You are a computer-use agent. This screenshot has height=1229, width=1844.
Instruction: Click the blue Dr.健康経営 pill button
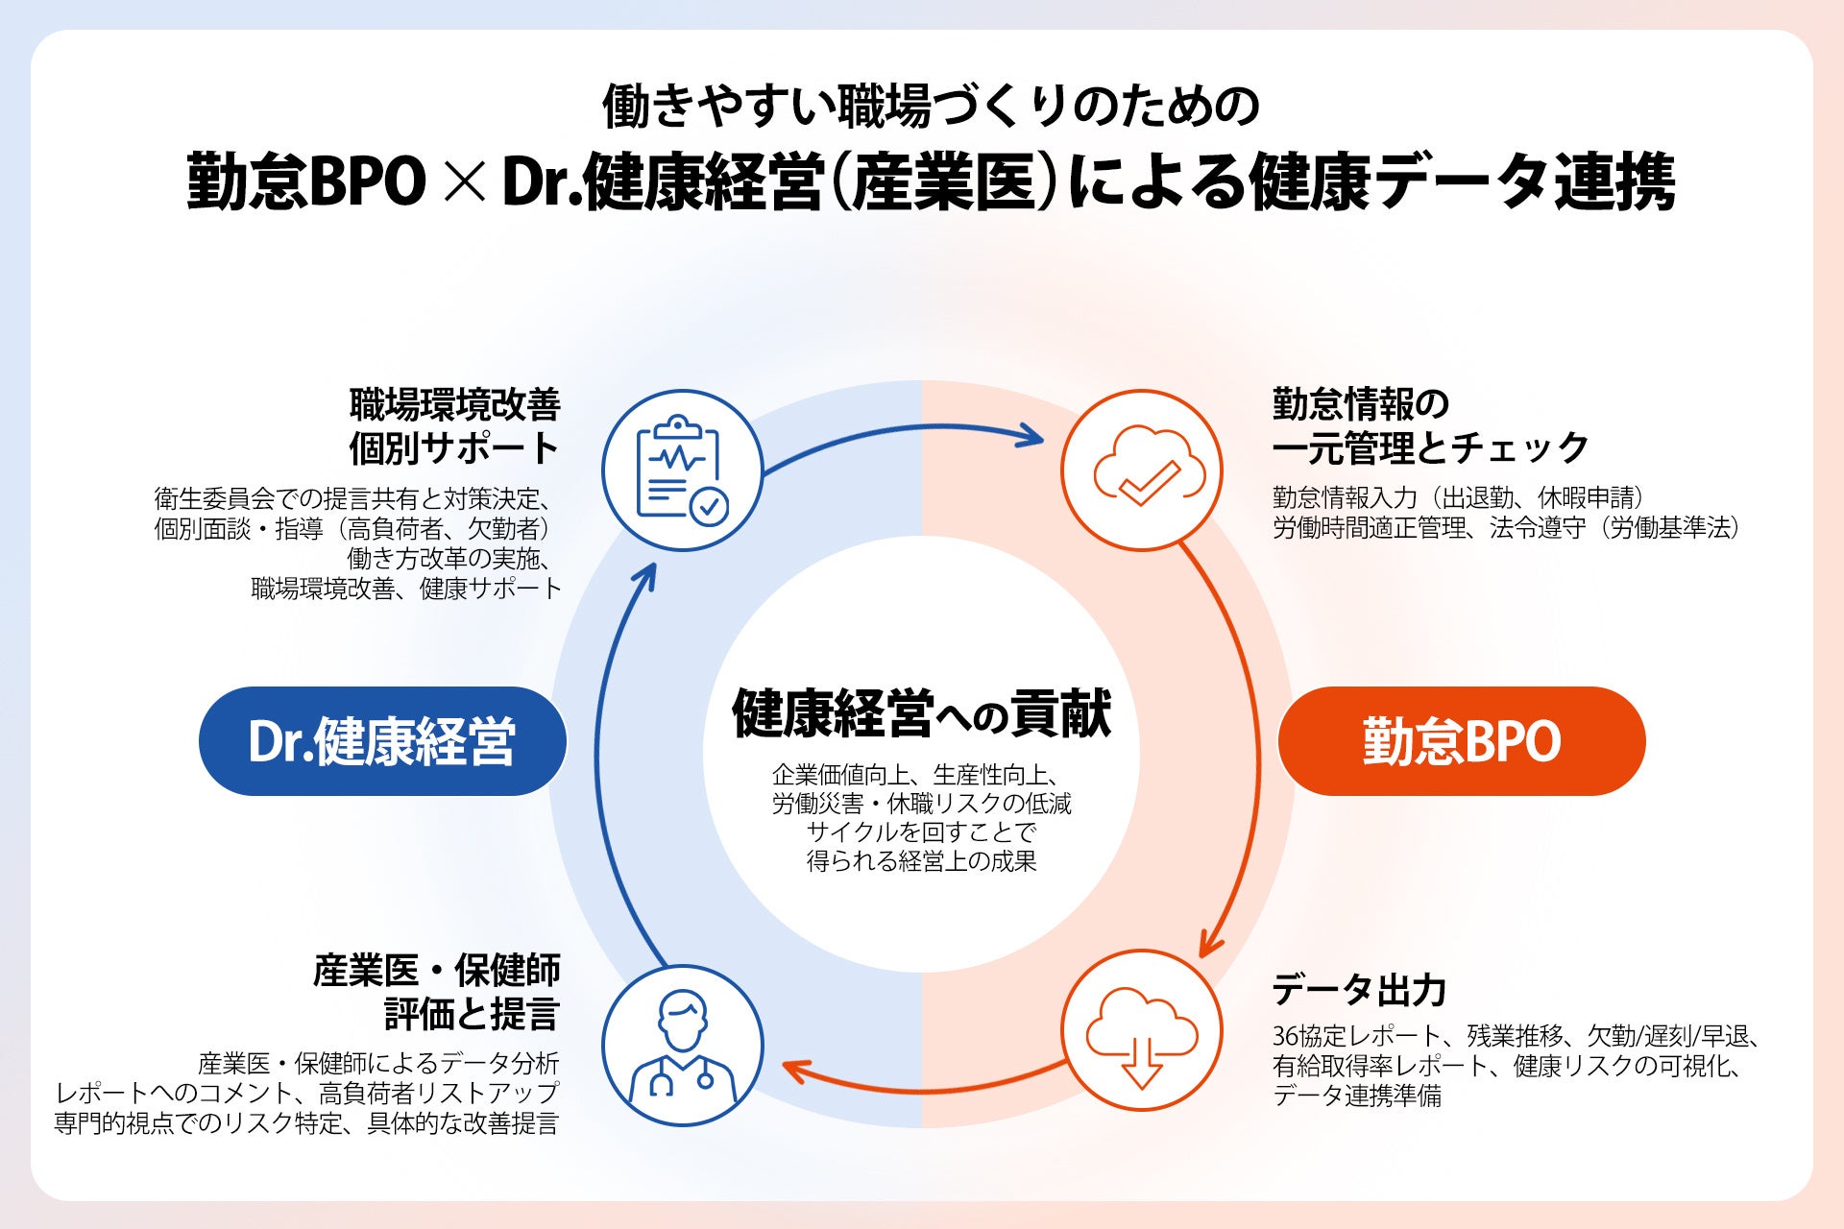tap(382, 741)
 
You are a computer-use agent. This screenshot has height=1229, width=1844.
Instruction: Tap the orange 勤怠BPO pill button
tap(1461, 741)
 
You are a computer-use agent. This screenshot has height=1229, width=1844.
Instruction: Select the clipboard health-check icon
tap(682, 470)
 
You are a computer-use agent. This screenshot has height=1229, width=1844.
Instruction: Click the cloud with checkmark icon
tap(1142, 470)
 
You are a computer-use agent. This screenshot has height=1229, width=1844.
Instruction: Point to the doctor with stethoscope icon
tap(682, 1046)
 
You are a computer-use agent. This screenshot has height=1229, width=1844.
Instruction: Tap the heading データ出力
tap(1359, 990)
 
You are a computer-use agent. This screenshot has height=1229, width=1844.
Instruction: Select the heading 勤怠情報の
tap(1360, 404)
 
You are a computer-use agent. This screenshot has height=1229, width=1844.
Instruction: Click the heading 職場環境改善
tap(455, 404)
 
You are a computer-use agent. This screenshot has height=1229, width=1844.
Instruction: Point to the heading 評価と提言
tap(472, 1014)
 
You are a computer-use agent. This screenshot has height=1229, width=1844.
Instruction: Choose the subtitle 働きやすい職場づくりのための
tap(931, 106)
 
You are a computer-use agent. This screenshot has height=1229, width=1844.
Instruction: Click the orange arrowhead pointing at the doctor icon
tap(793, 1069)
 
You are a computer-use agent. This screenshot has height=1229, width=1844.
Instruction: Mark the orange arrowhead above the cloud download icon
tap(1209, 946)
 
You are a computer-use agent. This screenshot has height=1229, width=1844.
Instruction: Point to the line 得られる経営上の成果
tap(921, 861)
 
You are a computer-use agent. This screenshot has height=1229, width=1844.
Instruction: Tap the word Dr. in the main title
tap(541, 182)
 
